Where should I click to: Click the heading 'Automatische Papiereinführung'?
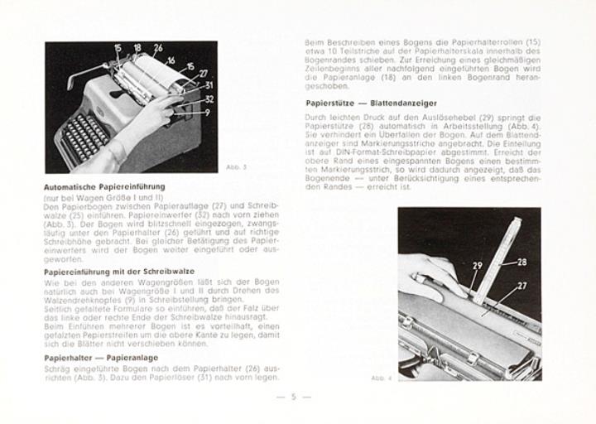pyautogui.click(x=103, y=187)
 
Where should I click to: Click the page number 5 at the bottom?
pyautogui.click(x=293, y=397)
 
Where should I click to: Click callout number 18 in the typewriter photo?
pyautogui.click(x=137, y=49)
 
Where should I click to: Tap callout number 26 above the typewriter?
pyautogui.click(x=157, y=48)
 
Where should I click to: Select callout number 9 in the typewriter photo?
pyautogui.click(x=207, y=112)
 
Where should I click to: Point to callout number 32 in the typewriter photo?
pyautogui.click(x=209, y=99)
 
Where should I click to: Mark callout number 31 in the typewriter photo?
pyautogui.click(x=208, y=85)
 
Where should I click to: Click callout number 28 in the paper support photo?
pyautogui.click(x=522, y=262)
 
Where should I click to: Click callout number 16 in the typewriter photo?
pyautogui.click(x=171, y=60)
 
